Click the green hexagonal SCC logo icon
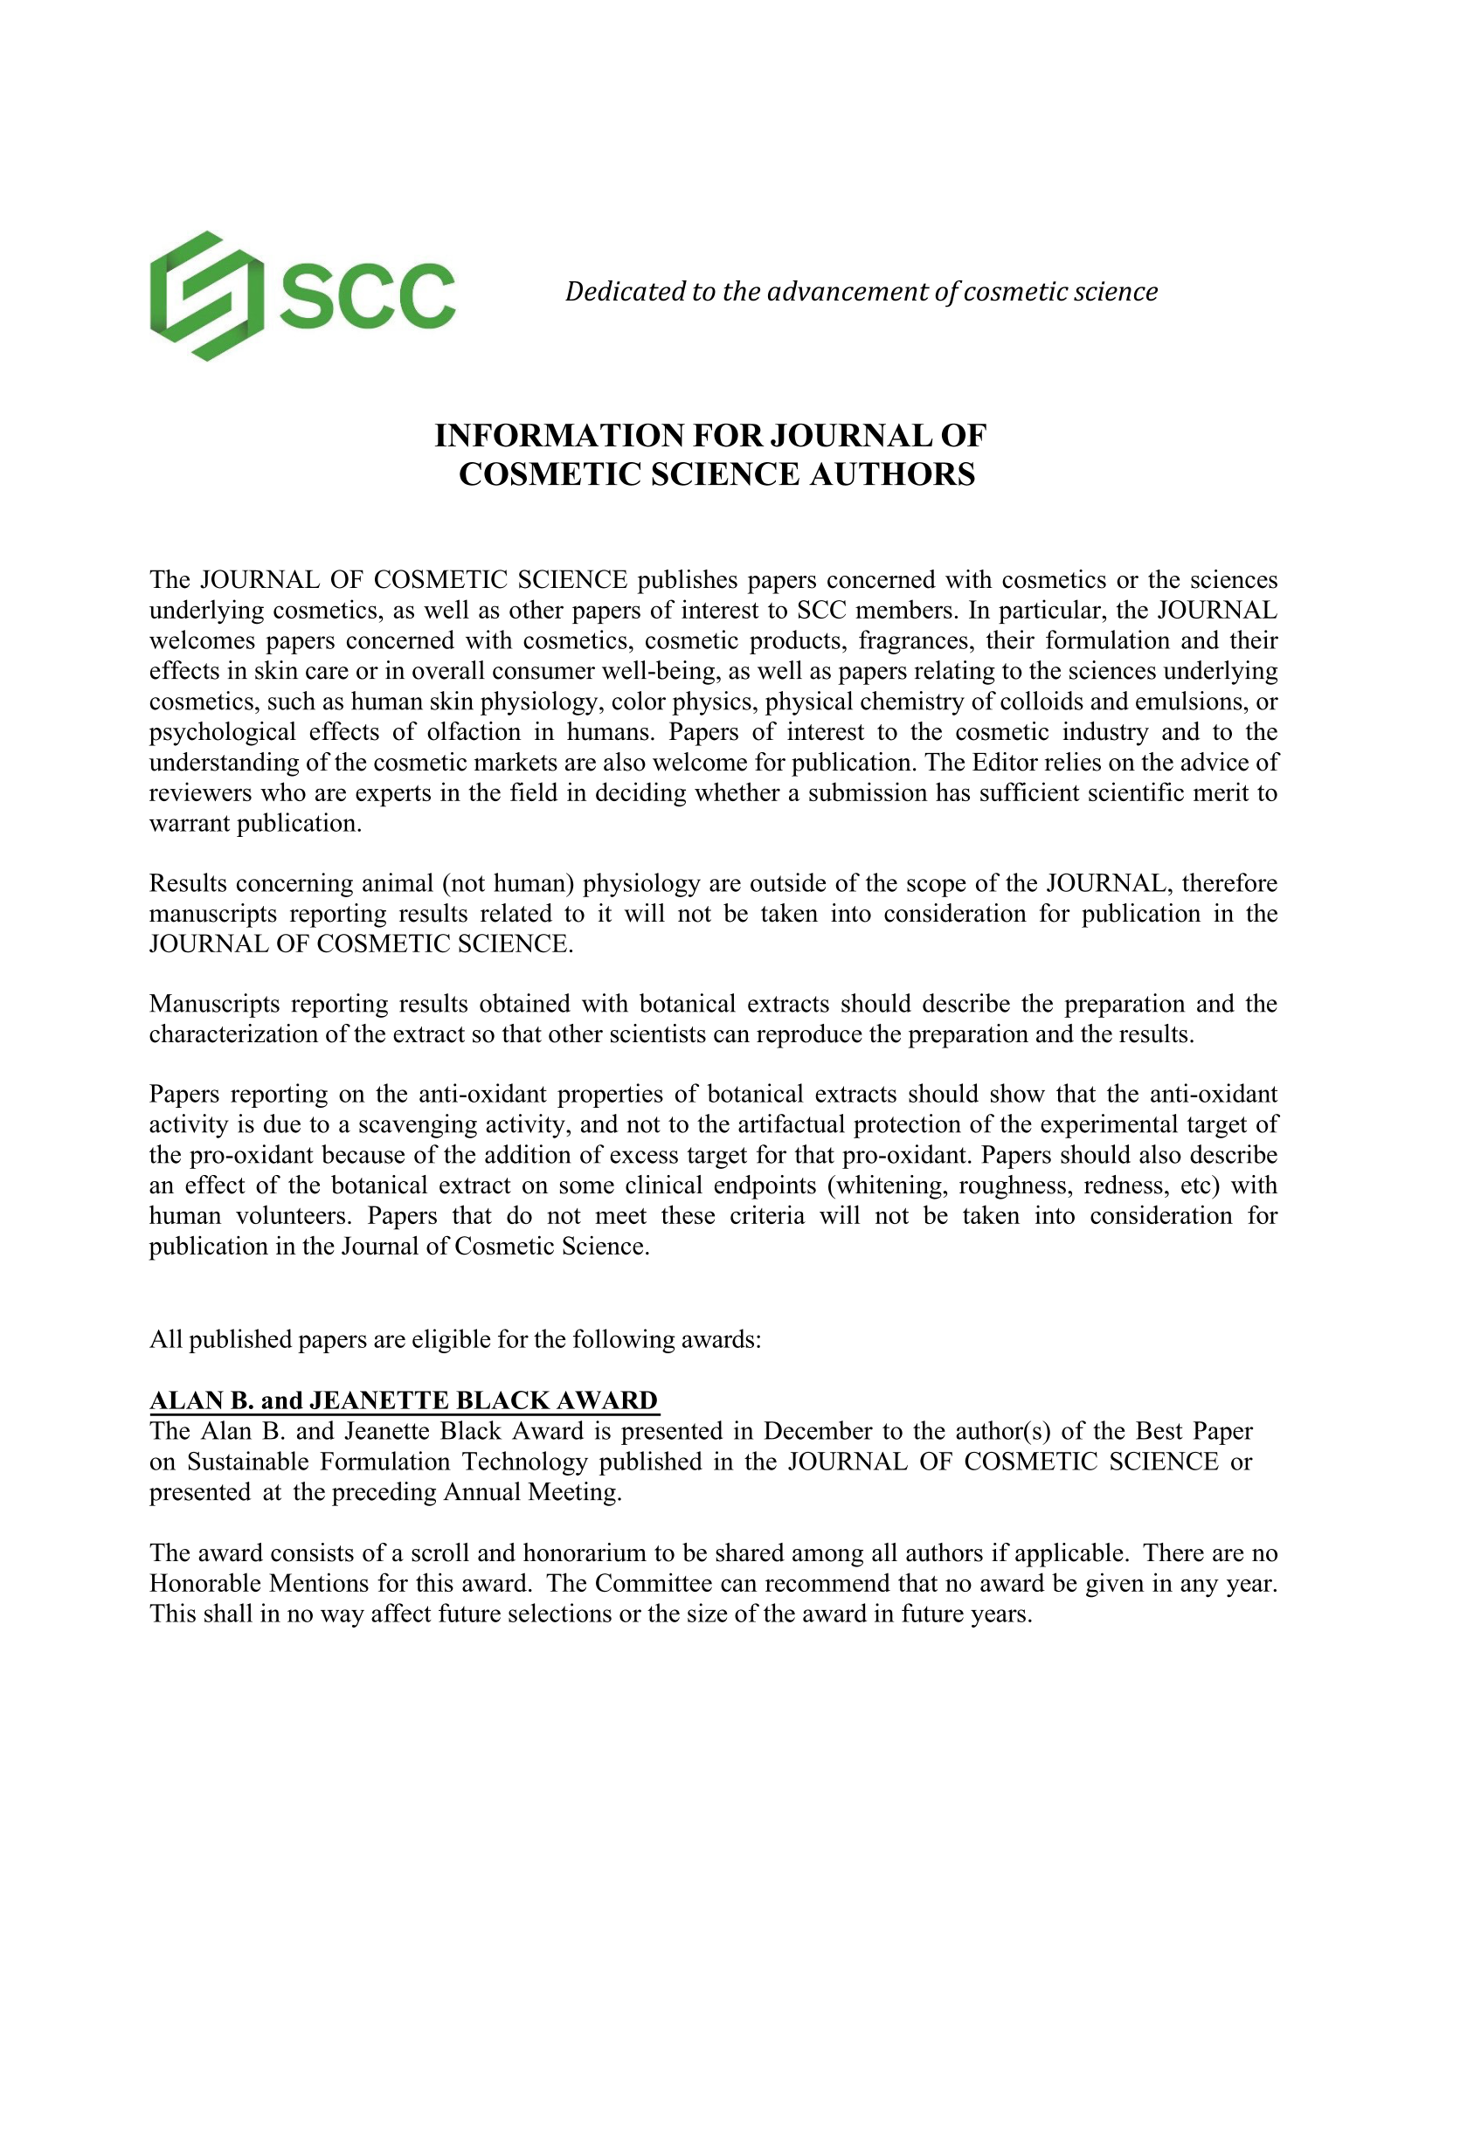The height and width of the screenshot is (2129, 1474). (206, 295)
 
